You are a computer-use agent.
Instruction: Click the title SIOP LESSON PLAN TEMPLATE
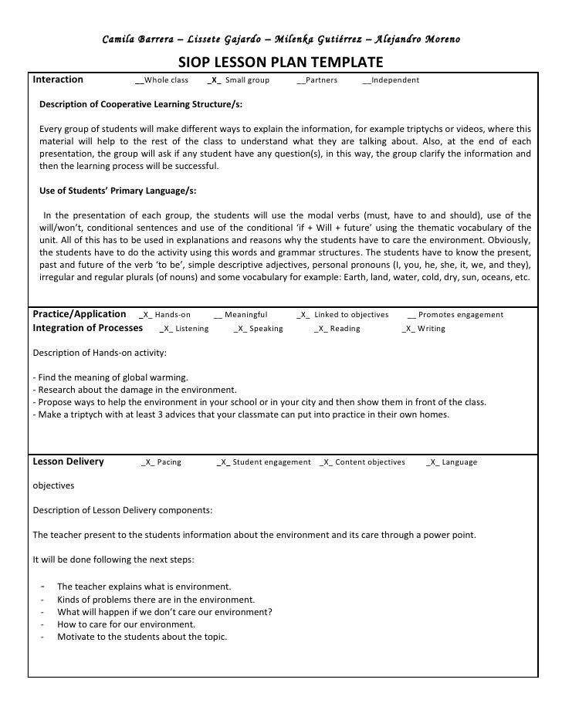[281, 63]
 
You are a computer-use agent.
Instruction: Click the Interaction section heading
[59, 79]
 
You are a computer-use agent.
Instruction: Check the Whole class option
[161, 80]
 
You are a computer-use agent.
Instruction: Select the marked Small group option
[239, 80]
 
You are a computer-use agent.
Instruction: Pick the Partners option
[317, 80]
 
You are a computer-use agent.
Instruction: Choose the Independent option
[391, 80]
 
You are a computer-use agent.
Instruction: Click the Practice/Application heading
[80, 314]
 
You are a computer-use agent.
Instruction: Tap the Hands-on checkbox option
[165, 315]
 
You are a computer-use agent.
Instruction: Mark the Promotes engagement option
[455, 315]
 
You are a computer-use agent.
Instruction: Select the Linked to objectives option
[342, 315]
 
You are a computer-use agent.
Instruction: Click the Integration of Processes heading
[88, 328]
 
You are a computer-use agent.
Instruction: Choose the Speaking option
[258, 329]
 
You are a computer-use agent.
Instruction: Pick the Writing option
[423, 329]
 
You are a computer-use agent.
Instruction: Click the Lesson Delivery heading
[68, 462]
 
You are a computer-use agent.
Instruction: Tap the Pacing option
[161, 462]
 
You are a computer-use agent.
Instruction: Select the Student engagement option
[264, 462]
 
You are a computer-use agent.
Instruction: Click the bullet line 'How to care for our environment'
[126, 624]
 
